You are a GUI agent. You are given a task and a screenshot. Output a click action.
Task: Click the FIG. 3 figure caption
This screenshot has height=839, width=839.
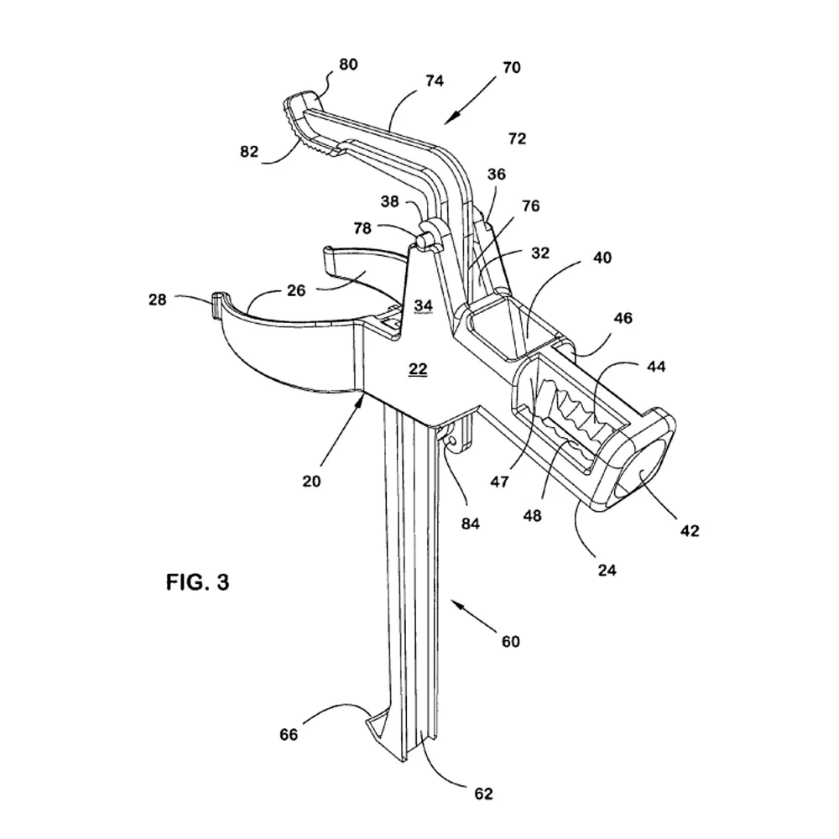point(197,581)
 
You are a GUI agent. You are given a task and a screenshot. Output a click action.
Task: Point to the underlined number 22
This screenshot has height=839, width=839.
point(418,368)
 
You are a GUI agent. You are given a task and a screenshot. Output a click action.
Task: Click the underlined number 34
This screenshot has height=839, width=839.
point(424,305)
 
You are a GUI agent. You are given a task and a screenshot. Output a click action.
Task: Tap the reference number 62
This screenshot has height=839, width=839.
point(484,794)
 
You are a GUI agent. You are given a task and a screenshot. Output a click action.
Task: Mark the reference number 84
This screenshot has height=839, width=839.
point(470,524)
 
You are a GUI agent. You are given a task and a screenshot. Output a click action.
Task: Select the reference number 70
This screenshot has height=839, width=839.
point(511,68)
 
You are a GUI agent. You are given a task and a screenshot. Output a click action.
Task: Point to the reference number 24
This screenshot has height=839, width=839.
point(607,570)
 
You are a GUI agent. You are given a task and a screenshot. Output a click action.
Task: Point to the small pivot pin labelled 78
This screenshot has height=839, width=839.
point(423,238)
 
